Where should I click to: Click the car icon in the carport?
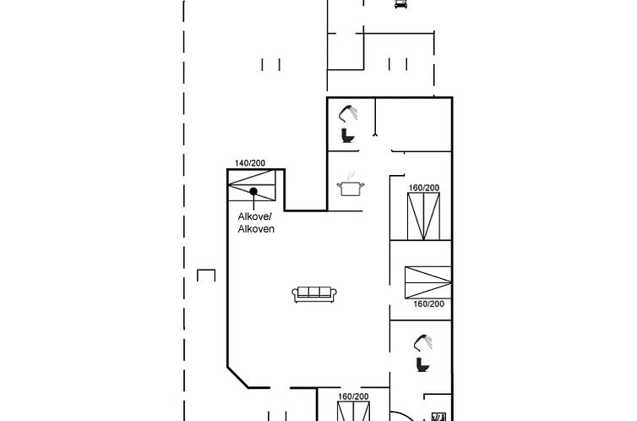(400, 3)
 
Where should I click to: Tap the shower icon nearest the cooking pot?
(348, 113)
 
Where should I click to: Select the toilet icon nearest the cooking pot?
(347, 135)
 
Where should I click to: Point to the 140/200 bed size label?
(250, 163)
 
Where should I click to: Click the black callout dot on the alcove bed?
(253, 191)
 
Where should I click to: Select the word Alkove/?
(255, 216)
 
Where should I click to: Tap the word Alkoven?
(256, 229)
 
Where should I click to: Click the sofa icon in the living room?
(314, 294)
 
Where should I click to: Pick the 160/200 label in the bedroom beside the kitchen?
(424, 188)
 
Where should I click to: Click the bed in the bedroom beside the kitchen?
(423, 216)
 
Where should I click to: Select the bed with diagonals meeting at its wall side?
(427, 282)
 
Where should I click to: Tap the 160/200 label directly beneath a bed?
(428, 304)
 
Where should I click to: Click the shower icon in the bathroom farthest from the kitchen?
(423, 342)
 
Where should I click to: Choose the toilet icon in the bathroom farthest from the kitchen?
(422, 364)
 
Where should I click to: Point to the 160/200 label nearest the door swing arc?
(353, 396)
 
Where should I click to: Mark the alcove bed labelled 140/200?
(252, 185)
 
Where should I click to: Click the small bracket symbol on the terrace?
(206, 275)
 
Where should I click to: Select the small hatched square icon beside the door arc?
(438, 417)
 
